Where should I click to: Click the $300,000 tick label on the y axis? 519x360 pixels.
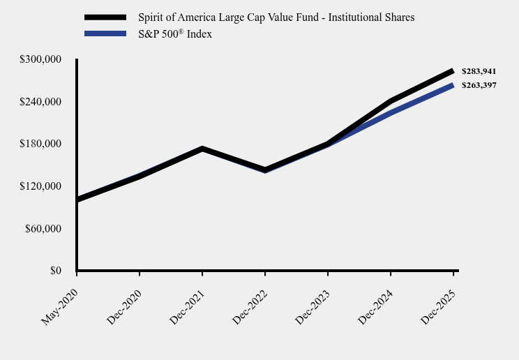[41, 60]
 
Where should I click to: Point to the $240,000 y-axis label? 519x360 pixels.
[41, 102]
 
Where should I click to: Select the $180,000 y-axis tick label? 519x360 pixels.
[41, 144]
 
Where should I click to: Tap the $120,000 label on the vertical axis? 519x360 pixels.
[41, 186]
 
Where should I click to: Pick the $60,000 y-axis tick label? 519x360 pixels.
[43, 229]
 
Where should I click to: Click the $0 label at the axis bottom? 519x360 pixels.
[55, 271]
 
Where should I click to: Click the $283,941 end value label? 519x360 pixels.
[479, 71]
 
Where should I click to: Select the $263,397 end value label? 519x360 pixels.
[479, 85]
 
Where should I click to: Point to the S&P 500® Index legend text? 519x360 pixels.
[174, 34]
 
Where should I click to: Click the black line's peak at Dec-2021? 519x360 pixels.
[202, 149]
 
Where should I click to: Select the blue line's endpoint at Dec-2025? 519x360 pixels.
[453, 86]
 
